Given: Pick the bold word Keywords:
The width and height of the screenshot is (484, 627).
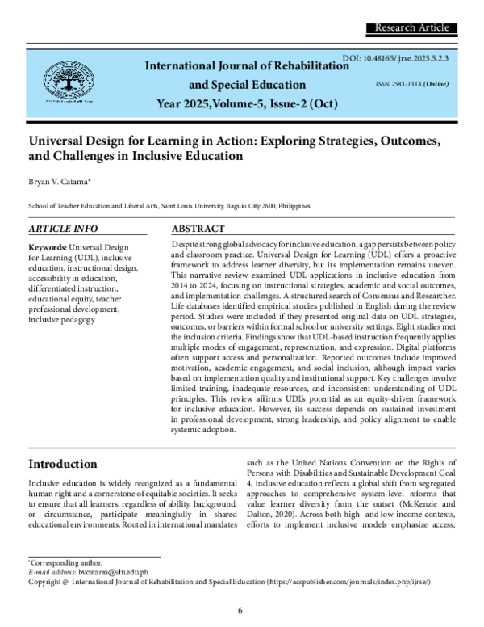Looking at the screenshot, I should coord(48,246).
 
